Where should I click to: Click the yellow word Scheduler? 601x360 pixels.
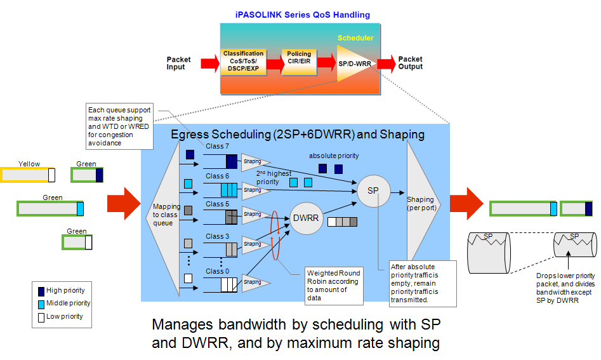(x=355, y=38)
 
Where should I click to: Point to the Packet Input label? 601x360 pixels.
(x=178, y=63)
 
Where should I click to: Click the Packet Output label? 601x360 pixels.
(x=410, y=63)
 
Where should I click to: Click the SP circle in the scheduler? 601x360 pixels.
(x=374, y=190)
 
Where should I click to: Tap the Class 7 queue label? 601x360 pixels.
(x=216, y=146)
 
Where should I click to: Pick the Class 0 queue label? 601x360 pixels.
(x=216, y=271)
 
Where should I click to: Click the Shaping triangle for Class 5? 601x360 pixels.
(x=252, y=215)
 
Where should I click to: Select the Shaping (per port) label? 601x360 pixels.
(x=421, y=204)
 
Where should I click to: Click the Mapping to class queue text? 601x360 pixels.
(x=167, y=214)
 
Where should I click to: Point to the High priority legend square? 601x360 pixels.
(x=41, y=291)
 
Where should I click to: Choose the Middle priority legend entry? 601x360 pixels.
(x=63, y=303)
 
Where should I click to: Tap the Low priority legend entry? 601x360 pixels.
(x=61, y=316)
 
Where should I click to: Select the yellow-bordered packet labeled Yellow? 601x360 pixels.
(x=28, y=175)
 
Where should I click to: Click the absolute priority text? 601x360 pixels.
(x=334, y=156)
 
